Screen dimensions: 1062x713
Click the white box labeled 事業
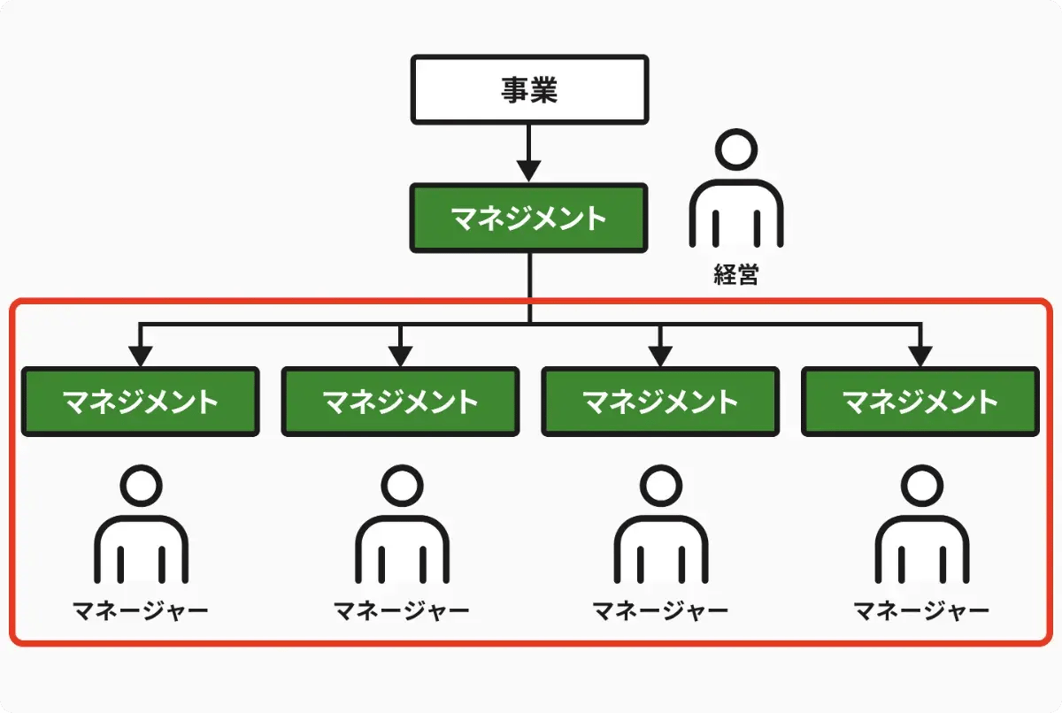pos(529,89)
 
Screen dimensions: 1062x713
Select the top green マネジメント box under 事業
pos(528,218)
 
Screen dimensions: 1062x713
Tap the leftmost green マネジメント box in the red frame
pos(141,402)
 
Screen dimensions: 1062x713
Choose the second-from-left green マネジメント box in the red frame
pos(401,402)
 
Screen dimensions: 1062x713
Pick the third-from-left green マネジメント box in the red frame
pos(660,402)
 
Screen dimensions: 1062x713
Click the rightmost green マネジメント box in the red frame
pos(920,402)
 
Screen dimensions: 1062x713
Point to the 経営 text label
pos(735,274)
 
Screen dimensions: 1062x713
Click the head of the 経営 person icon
pos(736,149)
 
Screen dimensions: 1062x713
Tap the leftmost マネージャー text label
pos(141,610)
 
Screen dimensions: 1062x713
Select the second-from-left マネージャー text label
pos(402,610)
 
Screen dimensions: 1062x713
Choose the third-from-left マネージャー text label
pos(660,610)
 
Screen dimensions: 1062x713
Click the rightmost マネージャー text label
pos(921,610)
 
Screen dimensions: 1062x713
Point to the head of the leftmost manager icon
pos(142,486)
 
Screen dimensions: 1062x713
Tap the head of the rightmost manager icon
pos(922,486)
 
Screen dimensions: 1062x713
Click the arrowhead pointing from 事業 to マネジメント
pos(528,171)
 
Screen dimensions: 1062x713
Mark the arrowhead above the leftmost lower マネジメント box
pos(141,356)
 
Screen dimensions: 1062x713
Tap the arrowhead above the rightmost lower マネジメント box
pos(920,356)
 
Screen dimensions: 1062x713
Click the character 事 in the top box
pos(514,90)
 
